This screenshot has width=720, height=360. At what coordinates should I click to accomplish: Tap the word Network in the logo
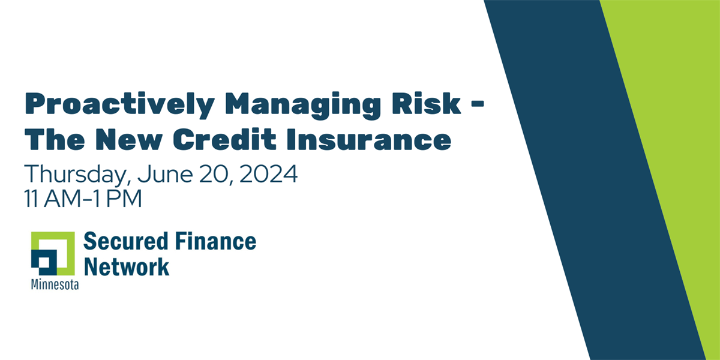click(x=126, y=266)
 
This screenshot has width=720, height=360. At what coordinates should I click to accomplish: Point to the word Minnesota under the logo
click(x=55, y=285)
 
